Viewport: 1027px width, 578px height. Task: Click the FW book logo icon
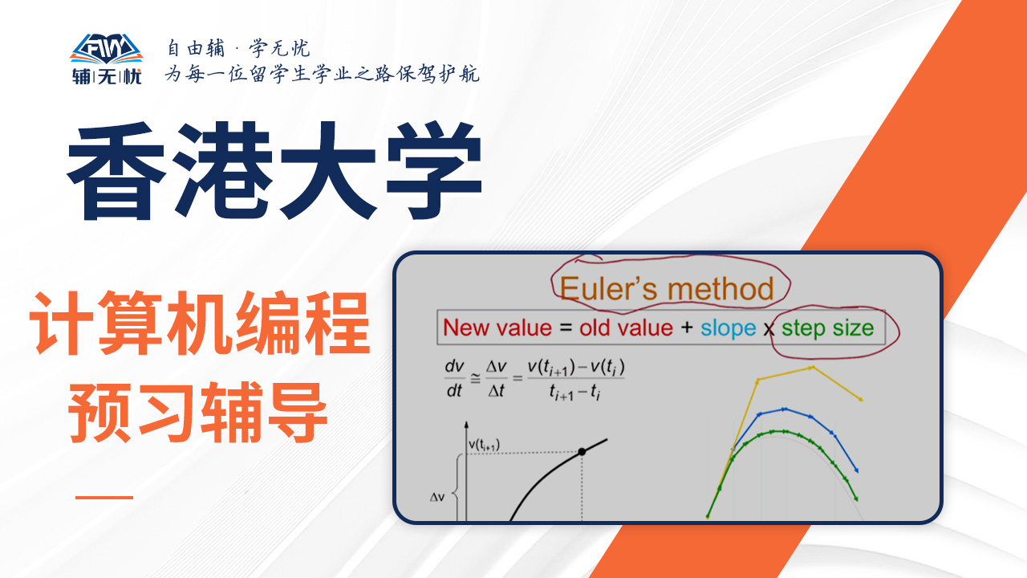point(107,49)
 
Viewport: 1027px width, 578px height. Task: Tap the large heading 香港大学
point(275,171)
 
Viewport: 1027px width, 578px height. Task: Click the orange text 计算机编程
point(200,323)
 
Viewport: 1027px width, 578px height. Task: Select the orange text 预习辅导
point(198,413)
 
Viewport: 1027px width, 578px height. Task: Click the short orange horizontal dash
point(104,497)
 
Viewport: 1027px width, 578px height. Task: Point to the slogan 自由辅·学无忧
point(238,48)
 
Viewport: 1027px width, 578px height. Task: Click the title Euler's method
point(667,289)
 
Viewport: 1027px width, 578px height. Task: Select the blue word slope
point(728,328)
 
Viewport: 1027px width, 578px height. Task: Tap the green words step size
point(827,328)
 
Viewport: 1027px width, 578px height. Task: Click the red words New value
point(497,328)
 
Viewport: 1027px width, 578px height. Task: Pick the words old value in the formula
point(626,328)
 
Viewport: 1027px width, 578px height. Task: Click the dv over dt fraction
point(454,378)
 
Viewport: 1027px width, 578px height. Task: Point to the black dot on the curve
point(582,452)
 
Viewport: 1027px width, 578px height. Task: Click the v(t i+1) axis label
point(484,445)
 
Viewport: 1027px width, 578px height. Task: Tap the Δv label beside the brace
point(437,497)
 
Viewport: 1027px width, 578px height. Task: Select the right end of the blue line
point(857,470)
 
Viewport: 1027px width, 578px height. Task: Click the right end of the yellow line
point(861,400)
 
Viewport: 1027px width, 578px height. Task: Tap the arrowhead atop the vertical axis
point(466,425)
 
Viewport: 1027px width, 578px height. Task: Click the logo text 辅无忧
point(107,76)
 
